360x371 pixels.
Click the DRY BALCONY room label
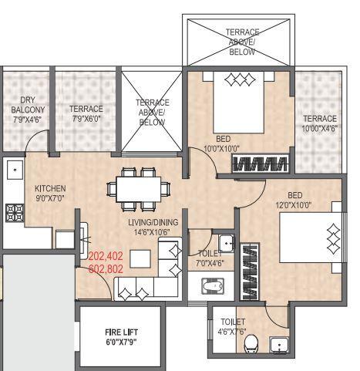click(29, 110)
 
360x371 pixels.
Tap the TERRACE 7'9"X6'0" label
click(86, 113)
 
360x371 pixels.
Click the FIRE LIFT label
click(121, 336)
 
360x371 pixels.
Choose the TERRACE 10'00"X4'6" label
click(319, 123)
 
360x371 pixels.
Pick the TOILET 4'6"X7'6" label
click(232, 326)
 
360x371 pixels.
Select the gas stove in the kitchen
click(13, 210)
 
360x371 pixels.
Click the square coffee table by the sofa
click(140, 258)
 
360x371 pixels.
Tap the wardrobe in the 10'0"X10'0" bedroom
click(261, 164)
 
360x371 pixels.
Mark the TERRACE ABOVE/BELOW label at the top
click(242, 42)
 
